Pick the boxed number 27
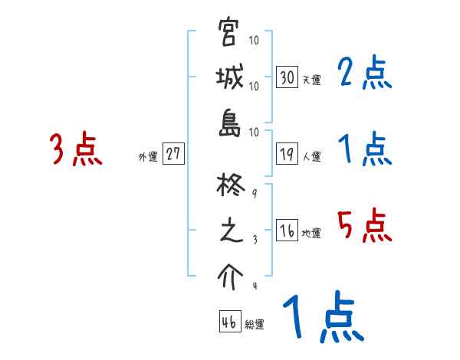click(173, 154)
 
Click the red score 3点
click(76, 149)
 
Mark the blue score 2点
click(365, 74)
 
